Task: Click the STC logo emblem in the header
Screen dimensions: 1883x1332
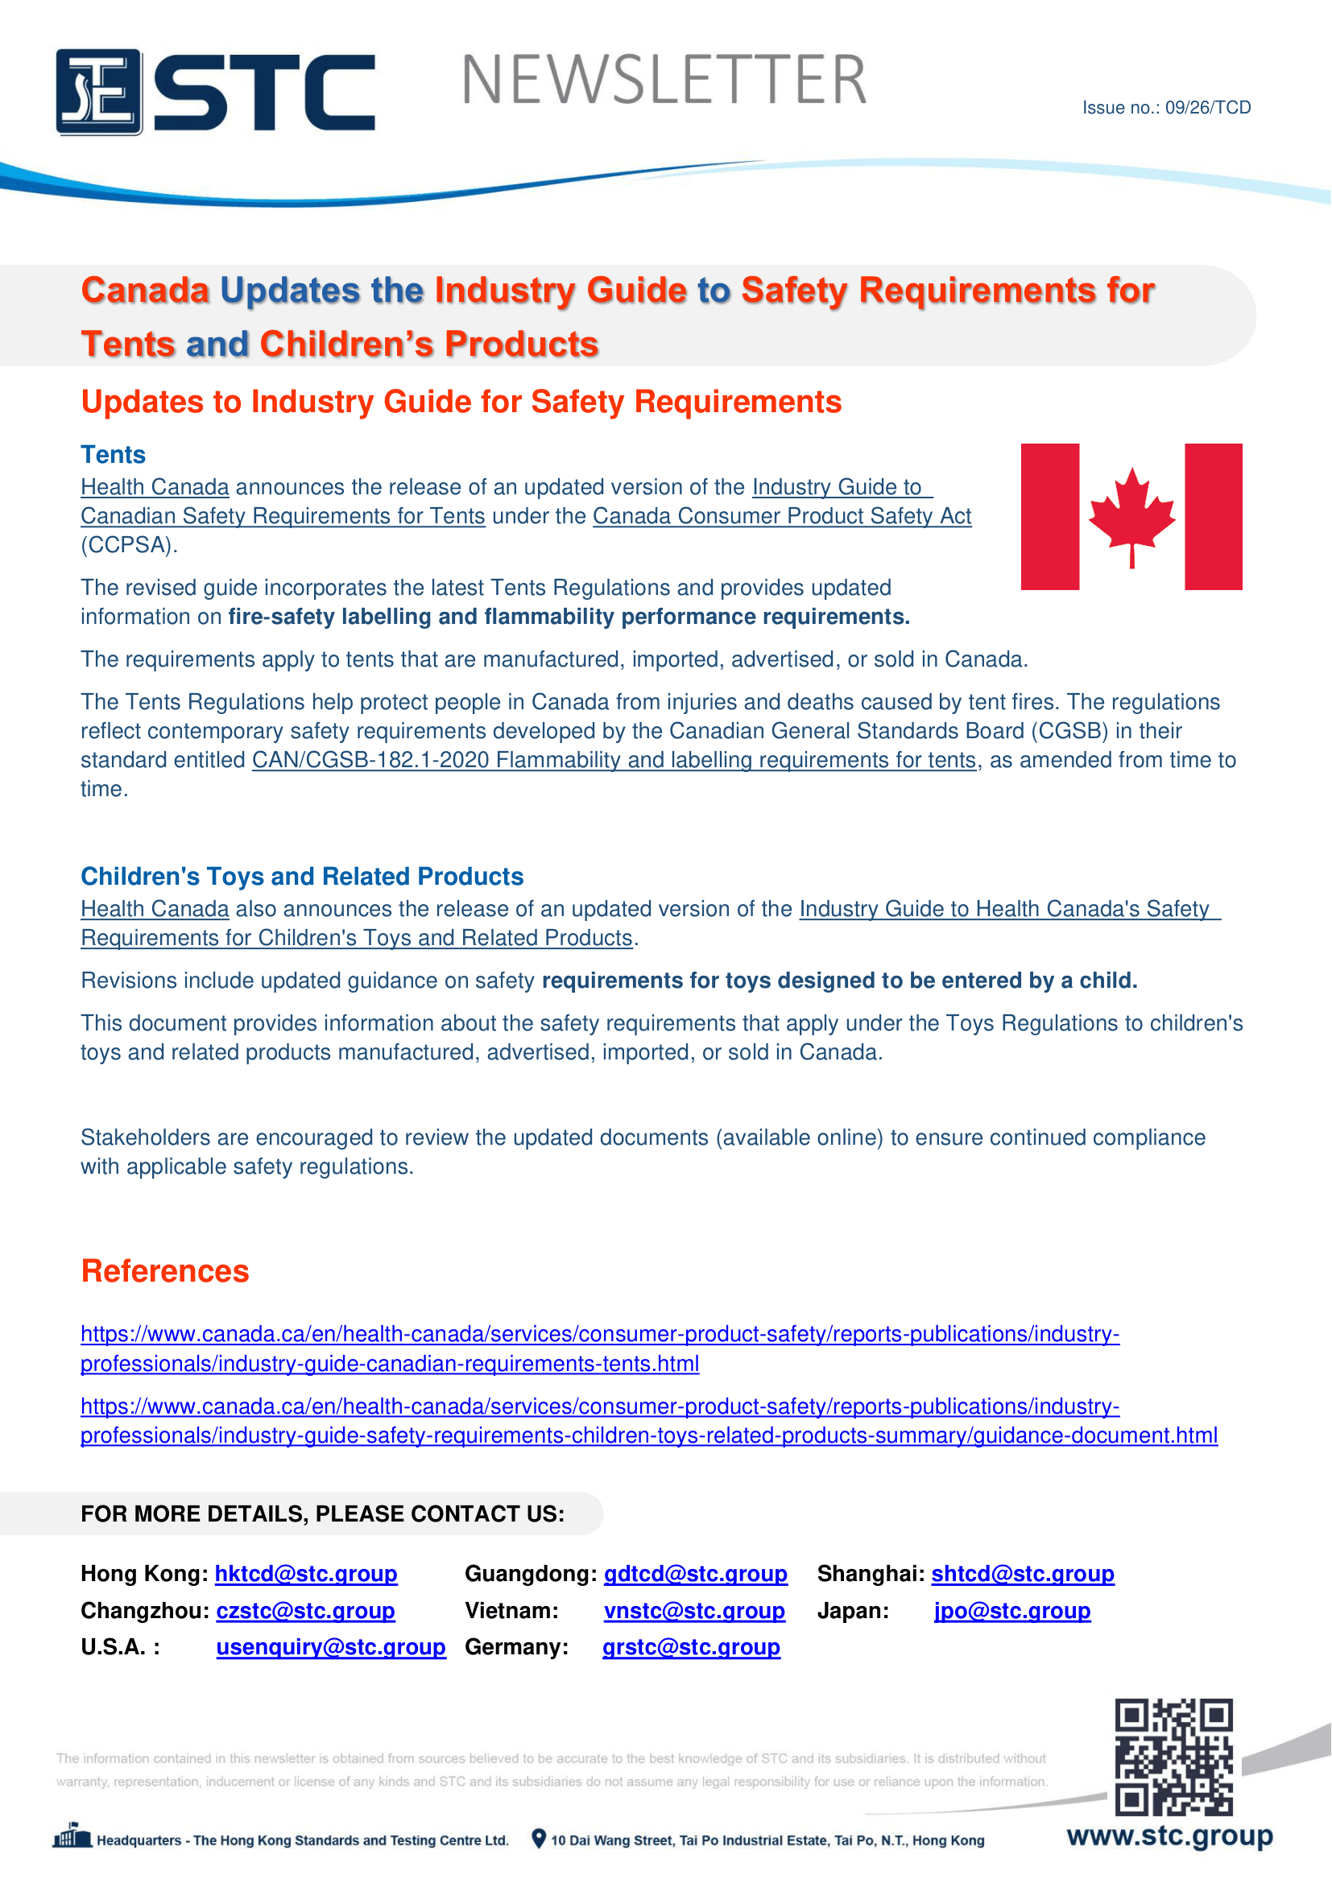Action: click(99, 92)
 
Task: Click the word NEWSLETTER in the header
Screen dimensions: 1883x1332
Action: click(664, 81)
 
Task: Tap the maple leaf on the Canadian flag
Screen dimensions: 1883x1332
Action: click(1131, 515)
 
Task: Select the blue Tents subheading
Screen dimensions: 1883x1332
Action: click(114, 454)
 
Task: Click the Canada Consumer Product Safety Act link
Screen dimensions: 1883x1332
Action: click(782, 516)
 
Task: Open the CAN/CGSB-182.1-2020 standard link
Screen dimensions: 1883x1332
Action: click(614, 760)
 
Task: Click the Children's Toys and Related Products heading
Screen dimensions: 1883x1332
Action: click(302, 876)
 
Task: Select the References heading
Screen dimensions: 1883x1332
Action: click(165, 1270)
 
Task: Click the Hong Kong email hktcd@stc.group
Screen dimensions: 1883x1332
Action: click(306, 1574)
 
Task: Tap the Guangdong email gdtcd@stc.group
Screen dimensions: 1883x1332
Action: click(696, 1574)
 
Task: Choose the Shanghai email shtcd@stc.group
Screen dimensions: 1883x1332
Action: click(1023, 1574)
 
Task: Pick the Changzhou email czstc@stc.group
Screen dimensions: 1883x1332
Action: click(306, 1611)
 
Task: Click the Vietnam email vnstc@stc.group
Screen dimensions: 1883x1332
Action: click(695, 1611)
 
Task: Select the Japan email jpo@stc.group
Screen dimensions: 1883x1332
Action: click(1012, 1611)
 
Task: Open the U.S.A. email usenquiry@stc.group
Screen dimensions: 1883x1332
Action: click(331, 1647)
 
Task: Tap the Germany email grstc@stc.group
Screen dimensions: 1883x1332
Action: click(692, 1647)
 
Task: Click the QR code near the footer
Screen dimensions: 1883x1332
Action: click(1173, 1757)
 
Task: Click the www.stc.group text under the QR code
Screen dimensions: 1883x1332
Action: click(1169, 1836)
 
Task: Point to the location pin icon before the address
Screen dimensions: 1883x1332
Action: click(539, 1839)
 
